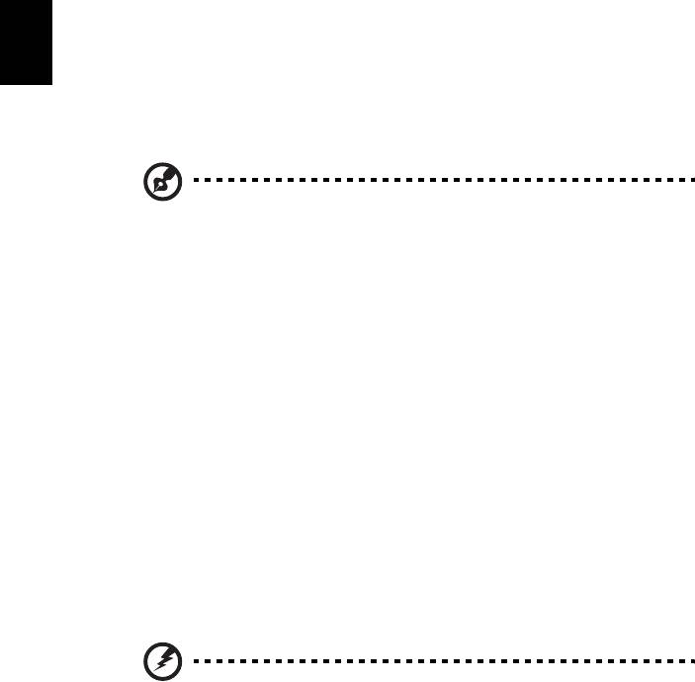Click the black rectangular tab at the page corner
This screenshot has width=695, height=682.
pos(25,42)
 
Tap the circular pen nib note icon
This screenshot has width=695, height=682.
pos(157,182)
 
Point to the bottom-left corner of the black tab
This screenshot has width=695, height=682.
pos(1,84)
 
